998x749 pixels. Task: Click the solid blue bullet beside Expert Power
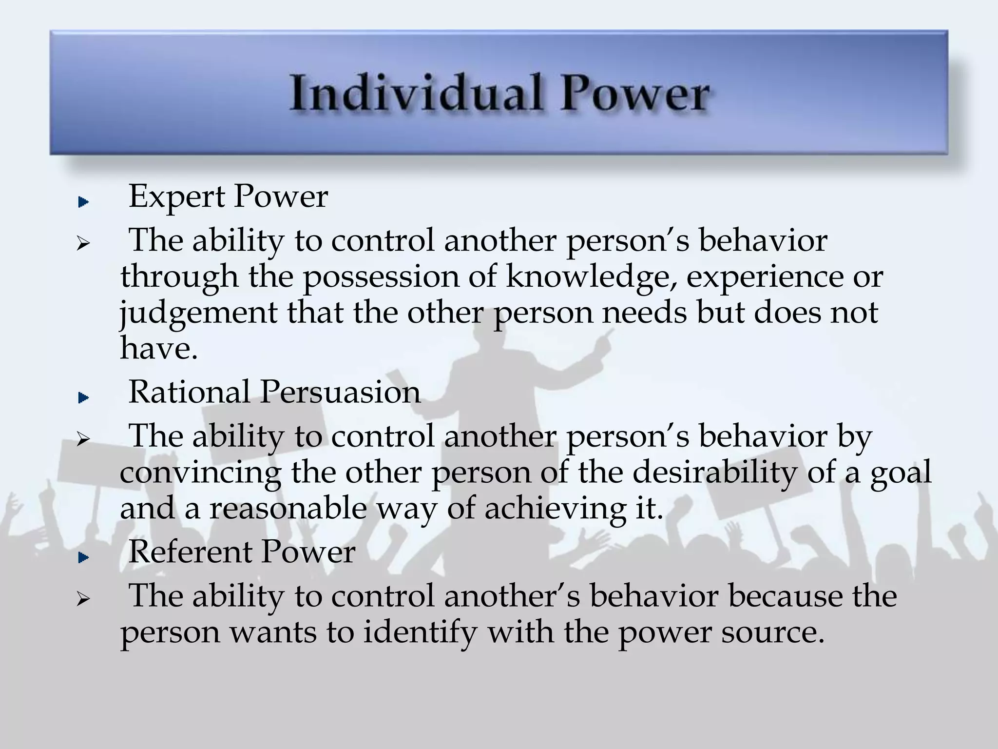83,202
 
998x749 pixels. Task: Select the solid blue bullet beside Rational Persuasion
83,398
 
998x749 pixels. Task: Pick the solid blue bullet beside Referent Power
83,557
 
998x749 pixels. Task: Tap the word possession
382,276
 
